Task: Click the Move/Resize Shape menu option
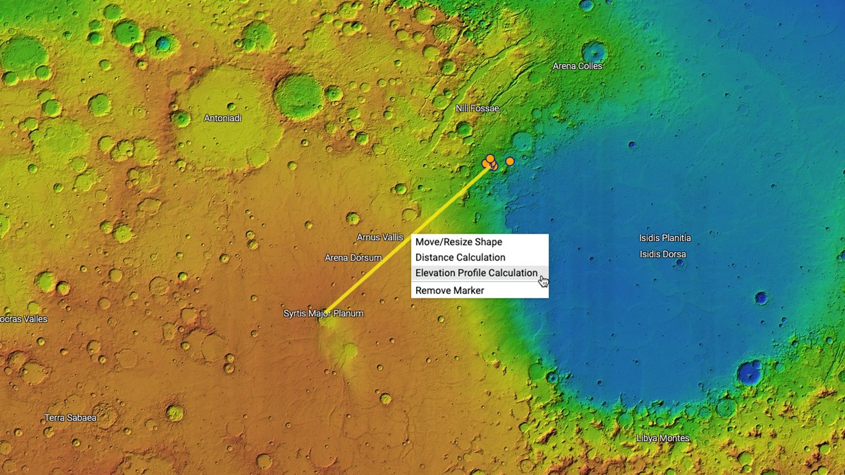point(458,242)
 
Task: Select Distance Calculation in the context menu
point(460,257)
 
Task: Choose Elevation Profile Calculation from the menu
point(476,273)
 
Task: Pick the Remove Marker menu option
point(449,291)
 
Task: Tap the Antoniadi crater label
point(223,118)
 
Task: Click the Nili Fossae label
point(477,108)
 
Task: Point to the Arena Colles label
point(577,66)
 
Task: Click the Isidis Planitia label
point(664,238)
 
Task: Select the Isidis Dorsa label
point(663,254)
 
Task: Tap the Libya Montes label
point(663,439)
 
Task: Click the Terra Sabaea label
point(70,418)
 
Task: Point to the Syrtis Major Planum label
point(323,313)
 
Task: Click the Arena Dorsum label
point(353,258)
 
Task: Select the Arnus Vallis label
point(380,237)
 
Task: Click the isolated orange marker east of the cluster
point(510,161)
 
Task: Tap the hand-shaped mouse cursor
point(543,281)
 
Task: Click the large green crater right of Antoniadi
point(298,96)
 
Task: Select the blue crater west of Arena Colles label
point(594,51)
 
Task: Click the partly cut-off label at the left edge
point(24,319)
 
